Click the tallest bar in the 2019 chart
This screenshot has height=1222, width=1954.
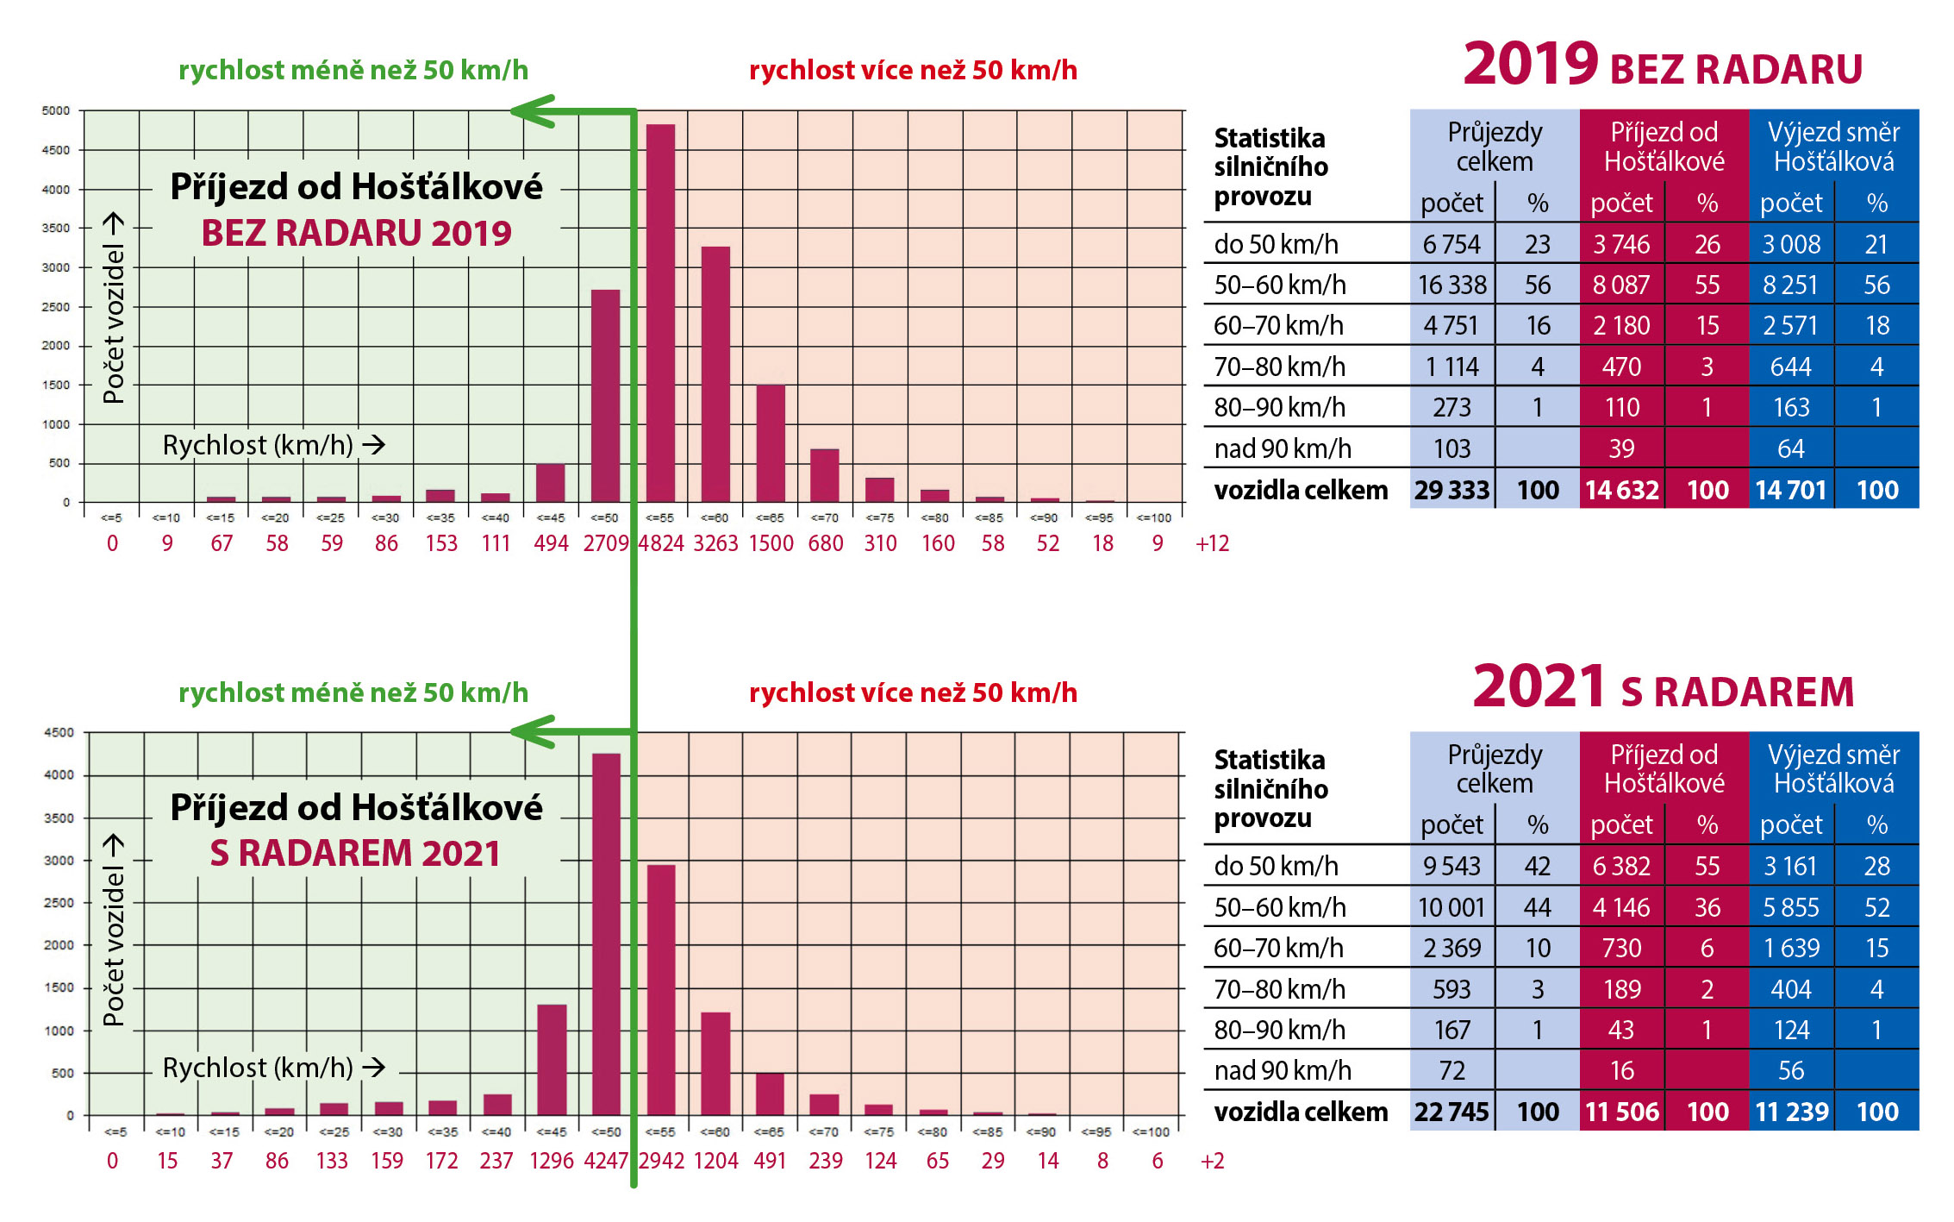[x=660, y=310]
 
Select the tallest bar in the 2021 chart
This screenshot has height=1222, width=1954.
[x=606, y=931]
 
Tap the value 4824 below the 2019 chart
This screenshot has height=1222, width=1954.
[x=661, y=543]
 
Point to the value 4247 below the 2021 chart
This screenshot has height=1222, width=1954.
[x=606, y=1161]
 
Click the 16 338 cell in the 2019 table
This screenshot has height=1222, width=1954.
[x=1452, y=285]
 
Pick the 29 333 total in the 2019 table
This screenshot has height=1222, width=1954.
[x=1451, y=490]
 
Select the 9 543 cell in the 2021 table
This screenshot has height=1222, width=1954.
[x=1451, y=866]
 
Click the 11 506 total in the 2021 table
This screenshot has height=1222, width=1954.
[x=1621, y=1112]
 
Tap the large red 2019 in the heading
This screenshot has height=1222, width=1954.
[x=1530, y=65]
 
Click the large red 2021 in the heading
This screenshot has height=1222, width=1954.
[x=1539, y=687]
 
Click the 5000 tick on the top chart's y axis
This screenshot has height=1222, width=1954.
[x=56, y=110]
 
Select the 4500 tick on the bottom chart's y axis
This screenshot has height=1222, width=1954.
[x=59, y=732]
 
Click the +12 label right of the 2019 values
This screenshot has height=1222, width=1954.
[x=1212, y=543]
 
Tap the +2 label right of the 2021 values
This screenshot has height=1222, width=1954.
[x=1212, y=1161]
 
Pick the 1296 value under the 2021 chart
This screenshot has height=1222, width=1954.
[x=552, y=1161]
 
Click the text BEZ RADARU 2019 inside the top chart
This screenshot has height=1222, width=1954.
[x=356, y=233]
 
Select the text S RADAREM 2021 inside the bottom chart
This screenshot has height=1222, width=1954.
[x=355, y=853]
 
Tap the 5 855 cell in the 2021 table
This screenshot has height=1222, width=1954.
[x=1791, y=907]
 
